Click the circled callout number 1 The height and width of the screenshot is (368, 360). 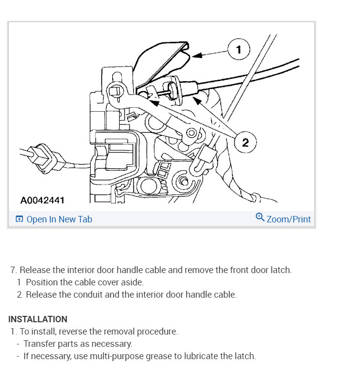[238, 49]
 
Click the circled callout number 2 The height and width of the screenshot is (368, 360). [245, 143]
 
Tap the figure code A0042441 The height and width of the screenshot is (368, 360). [42, 200]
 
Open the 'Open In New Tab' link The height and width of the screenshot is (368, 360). [59, 219]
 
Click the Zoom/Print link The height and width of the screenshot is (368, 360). [289, 219]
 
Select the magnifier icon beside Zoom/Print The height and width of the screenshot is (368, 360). [260, 217]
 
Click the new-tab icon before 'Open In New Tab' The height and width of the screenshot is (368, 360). [19, 219]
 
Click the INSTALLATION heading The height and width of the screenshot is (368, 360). [38, 319]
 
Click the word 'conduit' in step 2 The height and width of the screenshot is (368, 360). [88, 295]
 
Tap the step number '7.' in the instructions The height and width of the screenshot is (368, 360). [14, 270]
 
